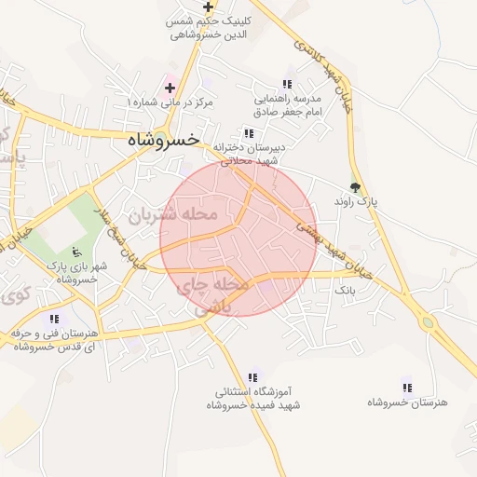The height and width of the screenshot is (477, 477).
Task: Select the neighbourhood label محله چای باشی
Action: pyautogui.click(x=213, y=294)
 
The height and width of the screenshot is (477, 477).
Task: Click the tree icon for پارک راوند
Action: pyautogui.click(x=354, y=185)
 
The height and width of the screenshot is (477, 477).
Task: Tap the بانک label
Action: pyautogui.click(x=346, y=291)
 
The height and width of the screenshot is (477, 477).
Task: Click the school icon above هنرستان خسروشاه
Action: pyautogui.click(x=406, y=387)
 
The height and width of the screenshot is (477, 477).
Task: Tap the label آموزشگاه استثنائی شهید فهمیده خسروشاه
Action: pyautogui.click(x=252, y=399)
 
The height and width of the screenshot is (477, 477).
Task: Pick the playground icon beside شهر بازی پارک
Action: pyautogui.click(x=76, y=251)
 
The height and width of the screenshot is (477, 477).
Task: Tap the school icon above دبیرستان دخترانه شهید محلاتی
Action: pyautogui.click(x=248, y=133)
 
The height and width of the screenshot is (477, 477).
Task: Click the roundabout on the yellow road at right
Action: pyautogui.click(x=429, y=324)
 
